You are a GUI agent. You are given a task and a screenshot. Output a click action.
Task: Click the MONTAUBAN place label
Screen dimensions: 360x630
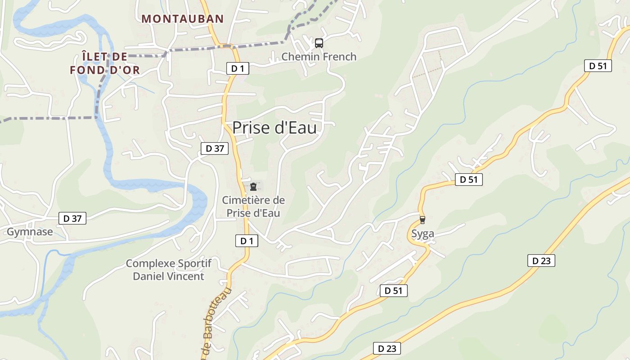tap(183, 19)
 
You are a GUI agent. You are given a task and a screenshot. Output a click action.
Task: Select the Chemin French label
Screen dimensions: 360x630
tap(319, 57)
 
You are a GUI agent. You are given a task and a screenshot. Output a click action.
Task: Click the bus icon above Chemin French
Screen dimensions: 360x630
tap(319, 43)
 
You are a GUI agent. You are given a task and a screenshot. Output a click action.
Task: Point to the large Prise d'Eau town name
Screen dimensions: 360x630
tap(274, 128)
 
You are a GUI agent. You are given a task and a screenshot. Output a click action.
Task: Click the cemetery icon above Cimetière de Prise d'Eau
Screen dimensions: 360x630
tap(253, 186)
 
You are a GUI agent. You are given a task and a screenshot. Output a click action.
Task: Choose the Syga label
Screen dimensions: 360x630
tap(423, 234)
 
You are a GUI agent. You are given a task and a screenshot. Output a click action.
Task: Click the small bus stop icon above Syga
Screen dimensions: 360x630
tap(422, 220)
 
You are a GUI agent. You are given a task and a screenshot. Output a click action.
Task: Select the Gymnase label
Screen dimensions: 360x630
tap(30, 232)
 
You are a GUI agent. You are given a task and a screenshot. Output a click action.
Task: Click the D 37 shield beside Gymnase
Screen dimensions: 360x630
tap(72, 219)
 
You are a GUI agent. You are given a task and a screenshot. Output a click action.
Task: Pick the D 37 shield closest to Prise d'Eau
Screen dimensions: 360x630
tap(215, 148)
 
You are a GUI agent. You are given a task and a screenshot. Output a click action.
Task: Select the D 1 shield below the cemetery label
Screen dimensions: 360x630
tap(247, 241)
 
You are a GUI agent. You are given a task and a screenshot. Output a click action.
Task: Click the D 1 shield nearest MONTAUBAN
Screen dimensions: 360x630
tap(237, 68)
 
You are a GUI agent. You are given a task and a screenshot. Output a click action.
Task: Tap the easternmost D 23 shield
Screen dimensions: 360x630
tap(541, 261)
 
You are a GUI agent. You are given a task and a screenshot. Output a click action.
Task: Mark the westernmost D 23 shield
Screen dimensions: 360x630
tap(387, 348)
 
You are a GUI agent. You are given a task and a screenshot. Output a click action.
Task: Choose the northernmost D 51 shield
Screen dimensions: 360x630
tap(598, 66)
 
